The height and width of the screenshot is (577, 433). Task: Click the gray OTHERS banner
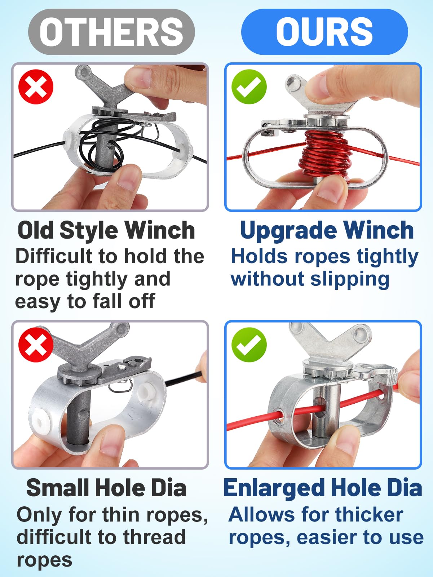[111, 32]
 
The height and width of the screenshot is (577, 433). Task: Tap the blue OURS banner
[324, 32]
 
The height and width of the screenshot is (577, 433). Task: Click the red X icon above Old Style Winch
[36, 87]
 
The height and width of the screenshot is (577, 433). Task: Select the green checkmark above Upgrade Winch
[249, 87]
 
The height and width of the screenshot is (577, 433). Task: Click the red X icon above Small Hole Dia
[36, 344]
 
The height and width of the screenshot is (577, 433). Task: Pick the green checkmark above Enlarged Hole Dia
[249, 344]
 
